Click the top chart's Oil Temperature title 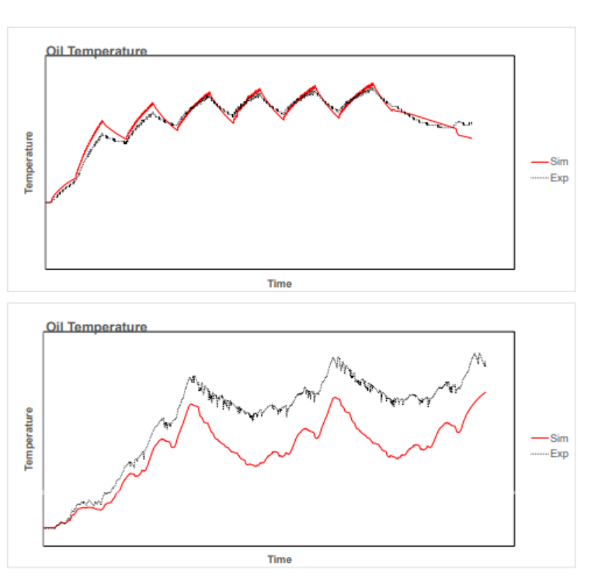(96, 51)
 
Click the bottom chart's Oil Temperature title (96, 327)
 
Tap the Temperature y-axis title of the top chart (29, 162)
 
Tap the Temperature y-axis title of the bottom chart (29, 438)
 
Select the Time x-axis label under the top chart (280, 284)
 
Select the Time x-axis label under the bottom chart (280, 559)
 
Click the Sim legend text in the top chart (559, 162)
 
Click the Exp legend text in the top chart (559, 178)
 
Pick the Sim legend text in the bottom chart (559, 438)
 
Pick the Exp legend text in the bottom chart (559, 454)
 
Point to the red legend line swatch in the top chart (540, 162)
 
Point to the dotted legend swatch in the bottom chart (540, 454)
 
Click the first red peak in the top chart (103, 121)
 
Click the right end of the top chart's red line (471, 138)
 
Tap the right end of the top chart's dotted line (471, 123)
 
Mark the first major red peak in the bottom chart (191, 405)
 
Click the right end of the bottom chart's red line (485, 392)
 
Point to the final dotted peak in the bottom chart (475, 354)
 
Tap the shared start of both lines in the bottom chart (47, 527)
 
